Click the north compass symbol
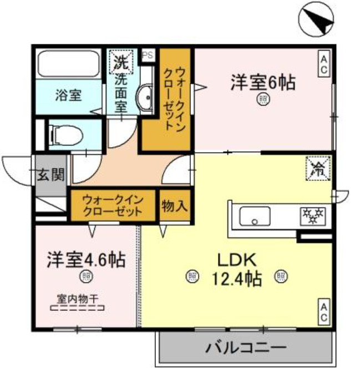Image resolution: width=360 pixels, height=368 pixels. [x=317, y=20]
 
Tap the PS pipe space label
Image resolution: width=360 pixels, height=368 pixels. [x=148, y=55]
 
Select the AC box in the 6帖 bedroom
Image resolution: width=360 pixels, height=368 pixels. [x=323, y=63]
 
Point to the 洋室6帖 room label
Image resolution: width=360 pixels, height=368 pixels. [x=262, y=83]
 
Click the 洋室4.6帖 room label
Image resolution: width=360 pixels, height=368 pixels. [x=85, y=259]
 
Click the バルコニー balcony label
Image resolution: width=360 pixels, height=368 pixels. [x=246, y=349]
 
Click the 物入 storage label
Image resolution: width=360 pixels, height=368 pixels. [x=174, y=206]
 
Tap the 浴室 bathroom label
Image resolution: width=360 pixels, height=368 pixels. [x=69, y=95]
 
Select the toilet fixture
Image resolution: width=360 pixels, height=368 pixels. [x=66, y=134]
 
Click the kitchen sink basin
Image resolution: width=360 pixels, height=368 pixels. [x=255, y=216]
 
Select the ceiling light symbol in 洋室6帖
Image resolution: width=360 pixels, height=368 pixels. [x=262, y=99]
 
